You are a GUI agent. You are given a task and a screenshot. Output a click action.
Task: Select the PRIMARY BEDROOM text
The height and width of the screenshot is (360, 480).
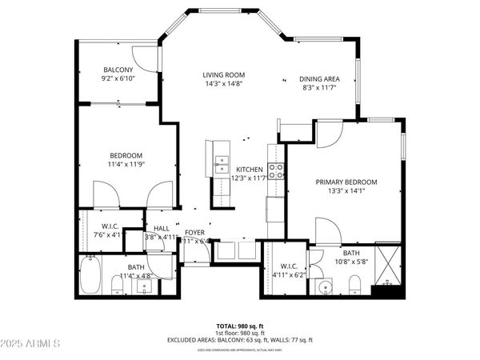pyautogui.click(x=346, y=182)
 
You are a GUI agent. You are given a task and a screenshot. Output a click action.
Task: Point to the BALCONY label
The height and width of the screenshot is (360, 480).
pyautogui.click(x=118, y=69)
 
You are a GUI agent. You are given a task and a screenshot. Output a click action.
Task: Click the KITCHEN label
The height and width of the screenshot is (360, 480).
pyautogui.click(x=250, y=170)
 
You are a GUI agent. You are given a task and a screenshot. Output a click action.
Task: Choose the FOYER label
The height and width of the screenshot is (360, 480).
pyautogui.click(x=195, y=232)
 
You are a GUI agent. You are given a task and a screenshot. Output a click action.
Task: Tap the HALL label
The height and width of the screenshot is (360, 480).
pyautogui.click(x=161, y=228)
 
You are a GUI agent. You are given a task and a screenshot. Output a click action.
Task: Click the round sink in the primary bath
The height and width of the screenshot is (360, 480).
pyautogui.click(x=326, y=287)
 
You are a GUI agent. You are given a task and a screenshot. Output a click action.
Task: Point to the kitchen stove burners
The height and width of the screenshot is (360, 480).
pyautogui.click(x=276, y=170)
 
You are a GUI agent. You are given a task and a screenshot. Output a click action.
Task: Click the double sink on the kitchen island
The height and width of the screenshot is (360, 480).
pyautogui.click(x=219, y=164)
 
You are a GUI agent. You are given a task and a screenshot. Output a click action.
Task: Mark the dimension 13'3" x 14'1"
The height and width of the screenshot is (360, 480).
pyautogui.click(x=346, y=191)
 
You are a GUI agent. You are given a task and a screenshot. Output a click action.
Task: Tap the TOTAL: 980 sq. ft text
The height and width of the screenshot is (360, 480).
pyautogui.click(x=239, y=326)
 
